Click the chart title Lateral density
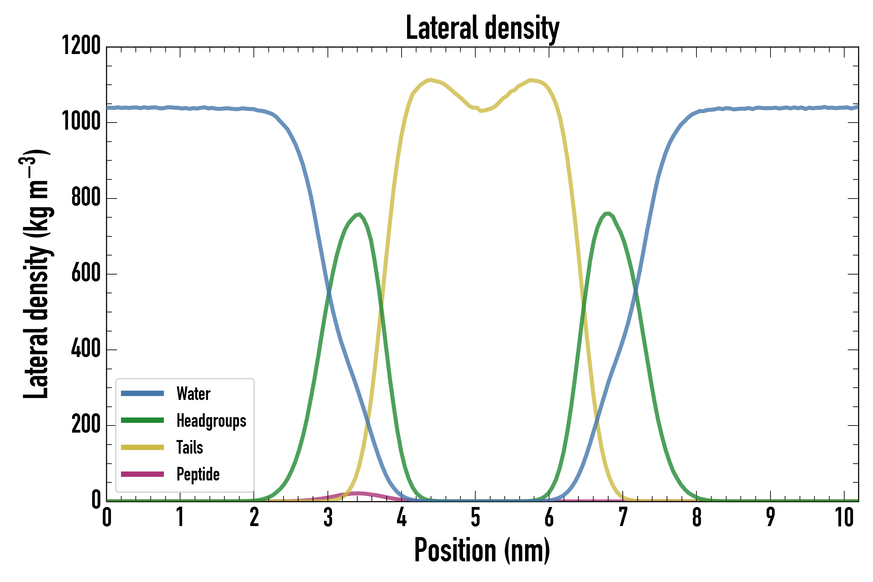pos(482,28)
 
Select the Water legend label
pos(193,394)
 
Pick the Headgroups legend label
pos(211,421)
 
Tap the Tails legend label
pos(190,447)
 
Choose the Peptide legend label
pos(198,474)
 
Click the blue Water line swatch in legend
pos(143,393)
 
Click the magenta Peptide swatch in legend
pos(143,474)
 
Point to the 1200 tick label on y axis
pos(81,46)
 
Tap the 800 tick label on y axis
pos(86,198)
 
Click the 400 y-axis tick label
pos(86,349)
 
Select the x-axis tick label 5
pos(476,517)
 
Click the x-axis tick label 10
pos(845,517)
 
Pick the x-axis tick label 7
pos(623,517)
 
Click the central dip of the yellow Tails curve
pos(482,111)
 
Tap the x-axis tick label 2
pos(254,517)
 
